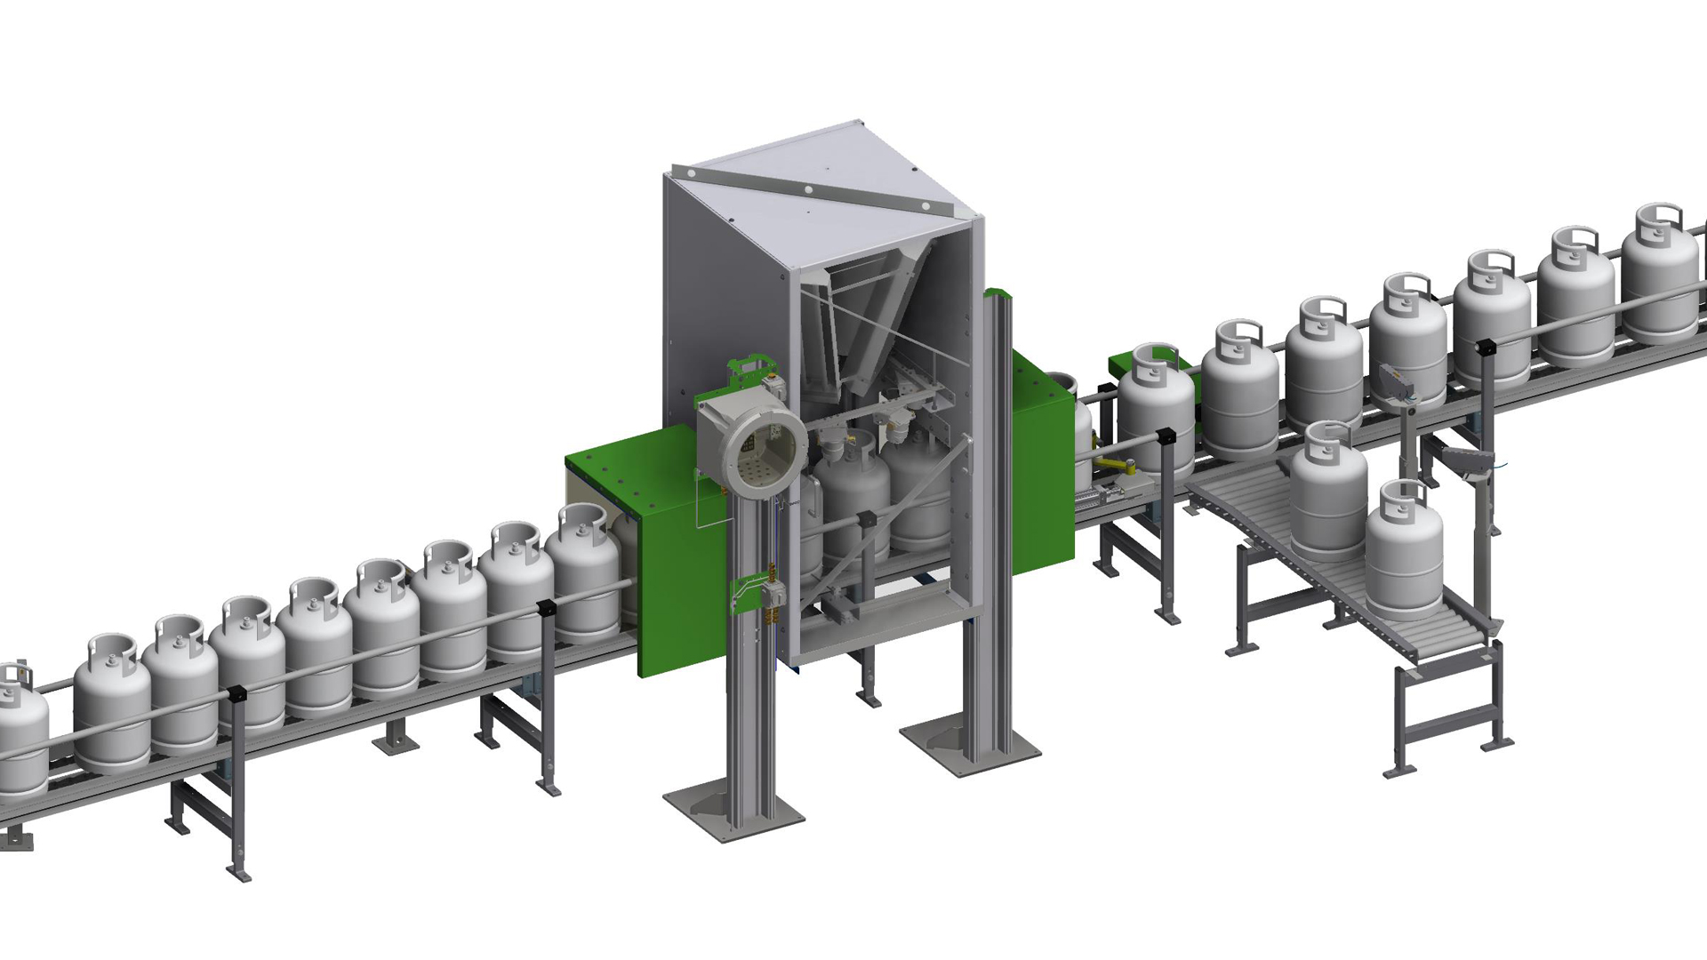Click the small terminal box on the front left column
click(x=772, y=596)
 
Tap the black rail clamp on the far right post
click(x=1483, y=345)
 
